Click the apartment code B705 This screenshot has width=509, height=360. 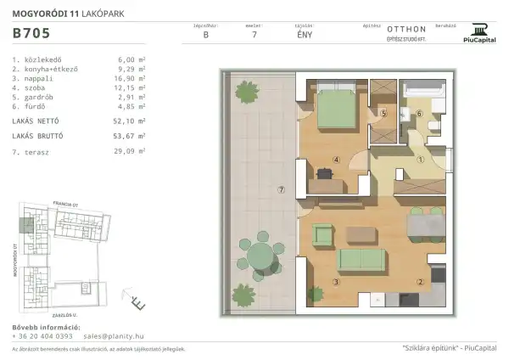pyautogui.click(x=31, y=35)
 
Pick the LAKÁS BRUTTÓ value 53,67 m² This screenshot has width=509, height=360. pyautogui.click(x=130, y=136)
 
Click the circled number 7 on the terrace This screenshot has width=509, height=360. pyautogui.click(x=281, y=189)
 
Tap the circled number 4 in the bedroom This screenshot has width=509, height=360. pyautogui.click(x=337, y=159)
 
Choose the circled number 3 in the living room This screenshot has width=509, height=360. pyautogui.click(x=337, y=283)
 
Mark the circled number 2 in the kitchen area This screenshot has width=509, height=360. pyautogui.click(x=419, y=283)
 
